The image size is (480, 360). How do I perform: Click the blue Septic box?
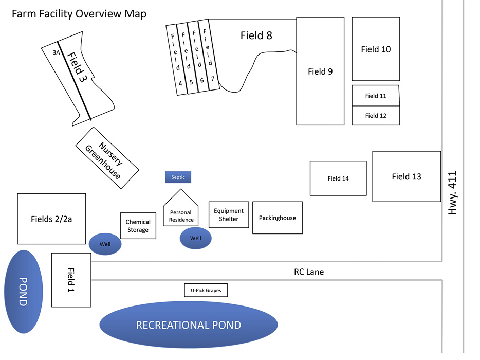pyautogui.click(x=178, y=177)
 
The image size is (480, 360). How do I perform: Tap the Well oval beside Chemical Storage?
pyautogui.click(x=105, y=244)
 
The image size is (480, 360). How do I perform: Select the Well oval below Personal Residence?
pyautogui.click(x=195, y=238)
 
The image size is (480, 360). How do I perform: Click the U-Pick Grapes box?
pyautogui.click(x=206, y=291)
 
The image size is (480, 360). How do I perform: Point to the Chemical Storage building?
pyautogui.click(x=138, y=226)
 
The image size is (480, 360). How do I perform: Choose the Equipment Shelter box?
pyautogui.click(x=229, y=214)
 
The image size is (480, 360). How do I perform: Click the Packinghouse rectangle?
pyautogui.click(x=277, y=218)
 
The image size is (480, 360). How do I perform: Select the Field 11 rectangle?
pyautogui.click(x=376, y=96)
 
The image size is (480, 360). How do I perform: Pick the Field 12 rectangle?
pyautogui.click(x=376, y=116)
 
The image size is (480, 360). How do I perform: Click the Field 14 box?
pyautogui.click(x=338, y=178)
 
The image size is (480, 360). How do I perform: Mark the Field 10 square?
pyautogui.click(x=376, y=49)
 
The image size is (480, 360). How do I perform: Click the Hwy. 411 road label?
pyautogui.click(x=453, y=192)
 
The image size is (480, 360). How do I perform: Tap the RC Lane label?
pyautogui.click(x=309, y=272)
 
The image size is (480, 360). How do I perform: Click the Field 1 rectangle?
pyautogui.click(x=71, y=280)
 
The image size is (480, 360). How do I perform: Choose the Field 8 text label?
pyautogui.click(x=256, y=35)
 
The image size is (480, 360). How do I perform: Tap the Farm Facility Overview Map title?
pyautogui.click(x=79, y=13)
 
